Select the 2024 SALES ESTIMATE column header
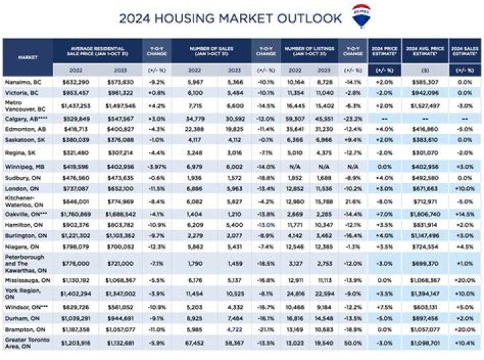(462, 50)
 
